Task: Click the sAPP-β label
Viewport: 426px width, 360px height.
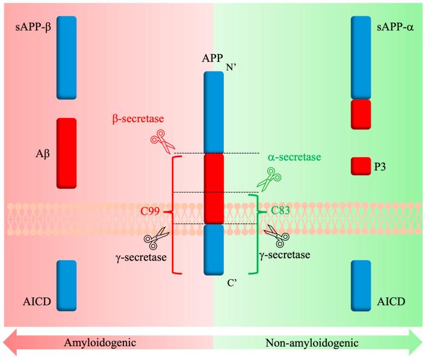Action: coord(33,28)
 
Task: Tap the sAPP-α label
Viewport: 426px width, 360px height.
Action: coord(395,28)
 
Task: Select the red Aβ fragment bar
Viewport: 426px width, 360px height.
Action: coord(67,153)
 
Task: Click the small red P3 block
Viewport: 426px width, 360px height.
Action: coord(361,166)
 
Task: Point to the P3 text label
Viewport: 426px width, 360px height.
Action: coord(380,167)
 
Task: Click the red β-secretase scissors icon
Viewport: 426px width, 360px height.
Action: coord(162,141)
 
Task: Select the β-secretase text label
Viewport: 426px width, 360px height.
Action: coord(138,119)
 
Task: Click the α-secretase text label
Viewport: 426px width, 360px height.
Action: coord(294,157)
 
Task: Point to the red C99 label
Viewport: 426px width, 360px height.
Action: coord(150,211)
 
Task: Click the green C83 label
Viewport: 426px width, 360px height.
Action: coord(280,211)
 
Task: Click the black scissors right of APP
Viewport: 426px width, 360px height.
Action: coord(277,235)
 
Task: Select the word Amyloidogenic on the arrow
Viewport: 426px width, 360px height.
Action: coord(100,343)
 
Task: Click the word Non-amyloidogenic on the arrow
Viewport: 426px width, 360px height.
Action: coord(312,343)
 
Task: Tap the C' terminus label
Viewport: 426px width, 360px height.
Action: coord(232,284)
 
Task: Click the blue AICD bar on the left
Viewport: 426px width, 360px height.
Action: coord(67,285)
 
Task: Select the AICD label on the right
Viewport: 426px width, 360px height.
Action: coord(391,302)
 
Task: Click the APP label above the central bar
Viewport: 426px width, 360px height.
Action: coord(212,58)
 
